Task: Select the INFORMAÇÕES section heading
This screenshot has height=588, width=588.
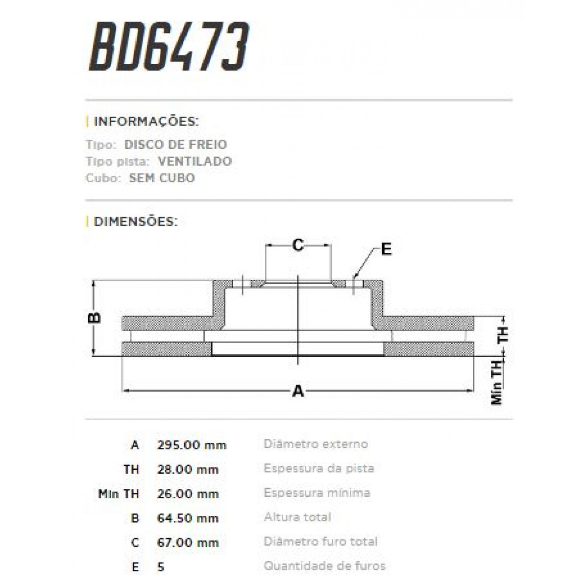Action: [x=146, y=122]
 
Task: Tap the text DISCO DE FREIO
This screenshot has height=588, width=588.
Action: [x=175, y=145]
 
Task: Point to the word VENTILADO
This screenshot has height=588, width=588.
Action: [x=195, y=161]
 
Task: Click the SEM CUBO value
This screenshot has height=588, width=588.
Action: [x=162, y=178]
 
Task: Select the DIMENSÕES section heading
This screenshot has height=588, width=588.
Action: [x=135, y=221]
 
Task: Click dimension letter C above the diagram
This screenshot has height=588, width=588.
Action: [x=298, y=245]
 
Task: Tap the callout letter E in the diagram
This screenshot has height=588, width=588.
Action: [x=386, y=249]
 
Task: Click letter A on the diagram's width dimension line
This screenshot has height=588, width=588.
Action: [x=298, y=391]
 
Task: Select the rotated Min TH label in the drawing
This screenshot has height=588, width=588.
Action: [x=497, y=382]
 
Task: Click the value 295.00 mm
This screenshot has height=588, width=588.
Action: [x=192, y=445]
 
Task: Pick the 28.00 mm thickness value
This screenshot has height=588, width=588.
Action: [x=188, y=469]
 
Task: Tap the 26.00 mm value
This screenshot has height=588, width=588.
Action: [x=188, y=494]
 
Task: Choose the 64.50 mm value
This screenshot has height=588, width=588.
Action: [x=188, y=518]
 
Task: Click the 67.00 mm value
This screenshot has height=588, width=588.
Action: [x=188, y=542]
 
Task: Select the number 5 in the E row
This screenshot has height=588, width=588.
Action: [x=161, y=567]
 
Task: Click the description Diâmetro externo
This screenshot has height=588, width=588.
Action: [x=316, y=444]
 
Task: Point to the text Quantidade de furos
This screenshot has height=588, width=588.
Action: [x=324, y=566]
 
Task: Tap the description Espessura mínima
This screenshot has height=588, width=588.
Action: [x=317, y=492]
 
